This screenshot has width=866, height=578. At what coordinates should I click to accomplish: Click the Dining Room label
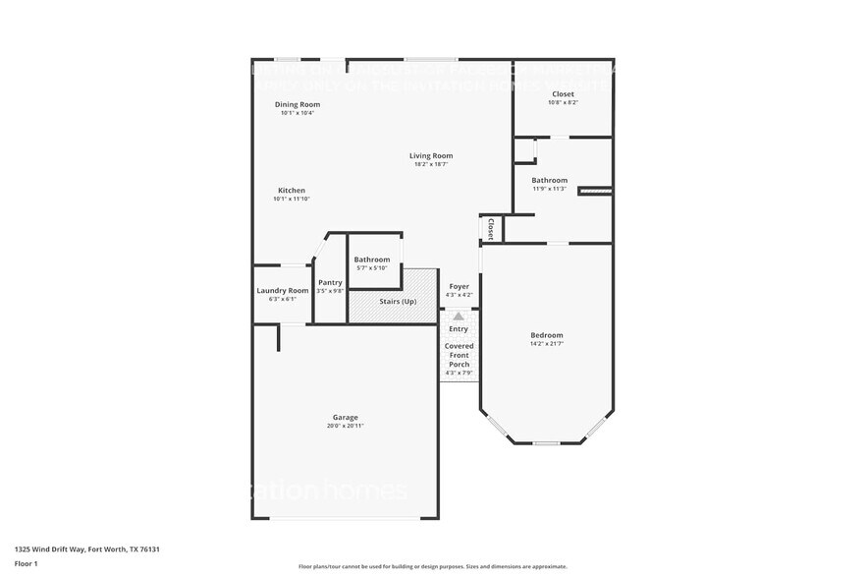click(x=298, y=104)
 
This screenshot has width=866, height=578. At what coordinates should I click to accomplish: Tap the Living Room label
click(x=431, y=155)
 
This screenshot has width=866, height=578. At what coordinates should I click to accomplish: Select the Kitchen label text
click(x=292, y=190)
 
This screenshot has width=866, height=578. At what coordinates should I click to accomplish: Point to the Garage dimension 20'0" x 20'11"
click(x=345, y=426)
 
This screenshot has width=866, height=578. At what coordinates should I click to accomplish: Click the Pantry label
click(x=330, y=282)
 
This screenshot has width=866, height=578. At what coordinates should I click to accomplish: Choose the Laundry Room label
click(x=283, y=290)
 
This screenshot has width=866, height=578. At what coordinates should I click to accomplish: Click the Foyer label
click(x=459, y=286)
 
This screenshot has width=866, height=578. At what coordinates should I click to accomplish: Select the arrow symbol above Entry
click(x=459, y=316)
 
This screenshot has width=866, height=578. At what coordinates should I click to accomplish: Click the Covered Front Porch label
click(x=459, y=355)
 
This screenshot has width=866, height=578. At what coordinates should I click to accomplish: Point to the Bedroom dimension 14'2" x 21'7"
click(x=547, y=344)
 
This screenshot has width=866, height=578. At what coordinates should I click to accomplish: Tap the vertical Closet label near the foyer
click(x=490, y=228)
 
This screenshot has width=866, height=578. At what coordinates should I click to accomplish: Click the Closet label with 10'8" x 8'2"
click(x=563, y=93)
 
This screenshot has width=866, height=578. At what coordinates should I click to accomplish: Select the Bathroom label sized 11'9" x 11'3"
click(x=550, y=180)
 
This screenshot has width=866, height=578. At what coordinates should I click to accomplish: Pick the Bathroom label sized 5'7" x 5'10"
click(x=372, y=260)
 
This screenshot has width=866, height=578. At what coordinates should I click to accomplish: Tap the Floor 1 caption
click(x=27, y=563)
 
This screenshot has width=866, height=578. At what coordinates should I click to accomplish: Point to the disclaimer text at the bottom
click(x=432, y=567)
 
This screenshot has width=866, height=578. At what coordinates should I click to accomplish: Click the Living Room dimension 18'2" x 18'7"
click(x=431, y=164)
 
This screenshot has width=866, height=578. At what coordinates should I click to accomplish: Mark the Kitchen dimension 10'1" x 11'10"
click(x=292, y=199)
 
